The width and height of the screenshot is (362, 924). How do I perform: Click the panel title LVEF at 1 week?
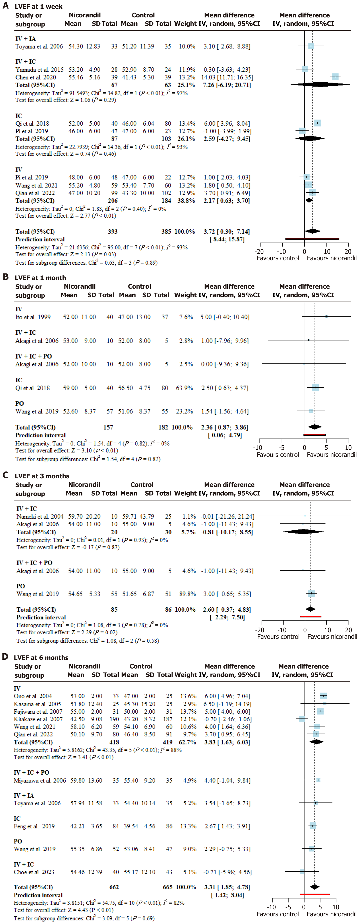click(38, 6)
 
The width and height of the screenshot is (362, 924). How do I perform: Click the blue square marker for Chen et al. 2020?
click(335, 77)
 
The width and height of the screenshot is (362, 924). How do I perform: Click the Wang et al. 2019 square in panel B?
click(311, 411)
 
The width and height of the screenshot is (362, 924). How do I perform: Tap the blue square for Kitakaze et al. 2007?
click(302, 719)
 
